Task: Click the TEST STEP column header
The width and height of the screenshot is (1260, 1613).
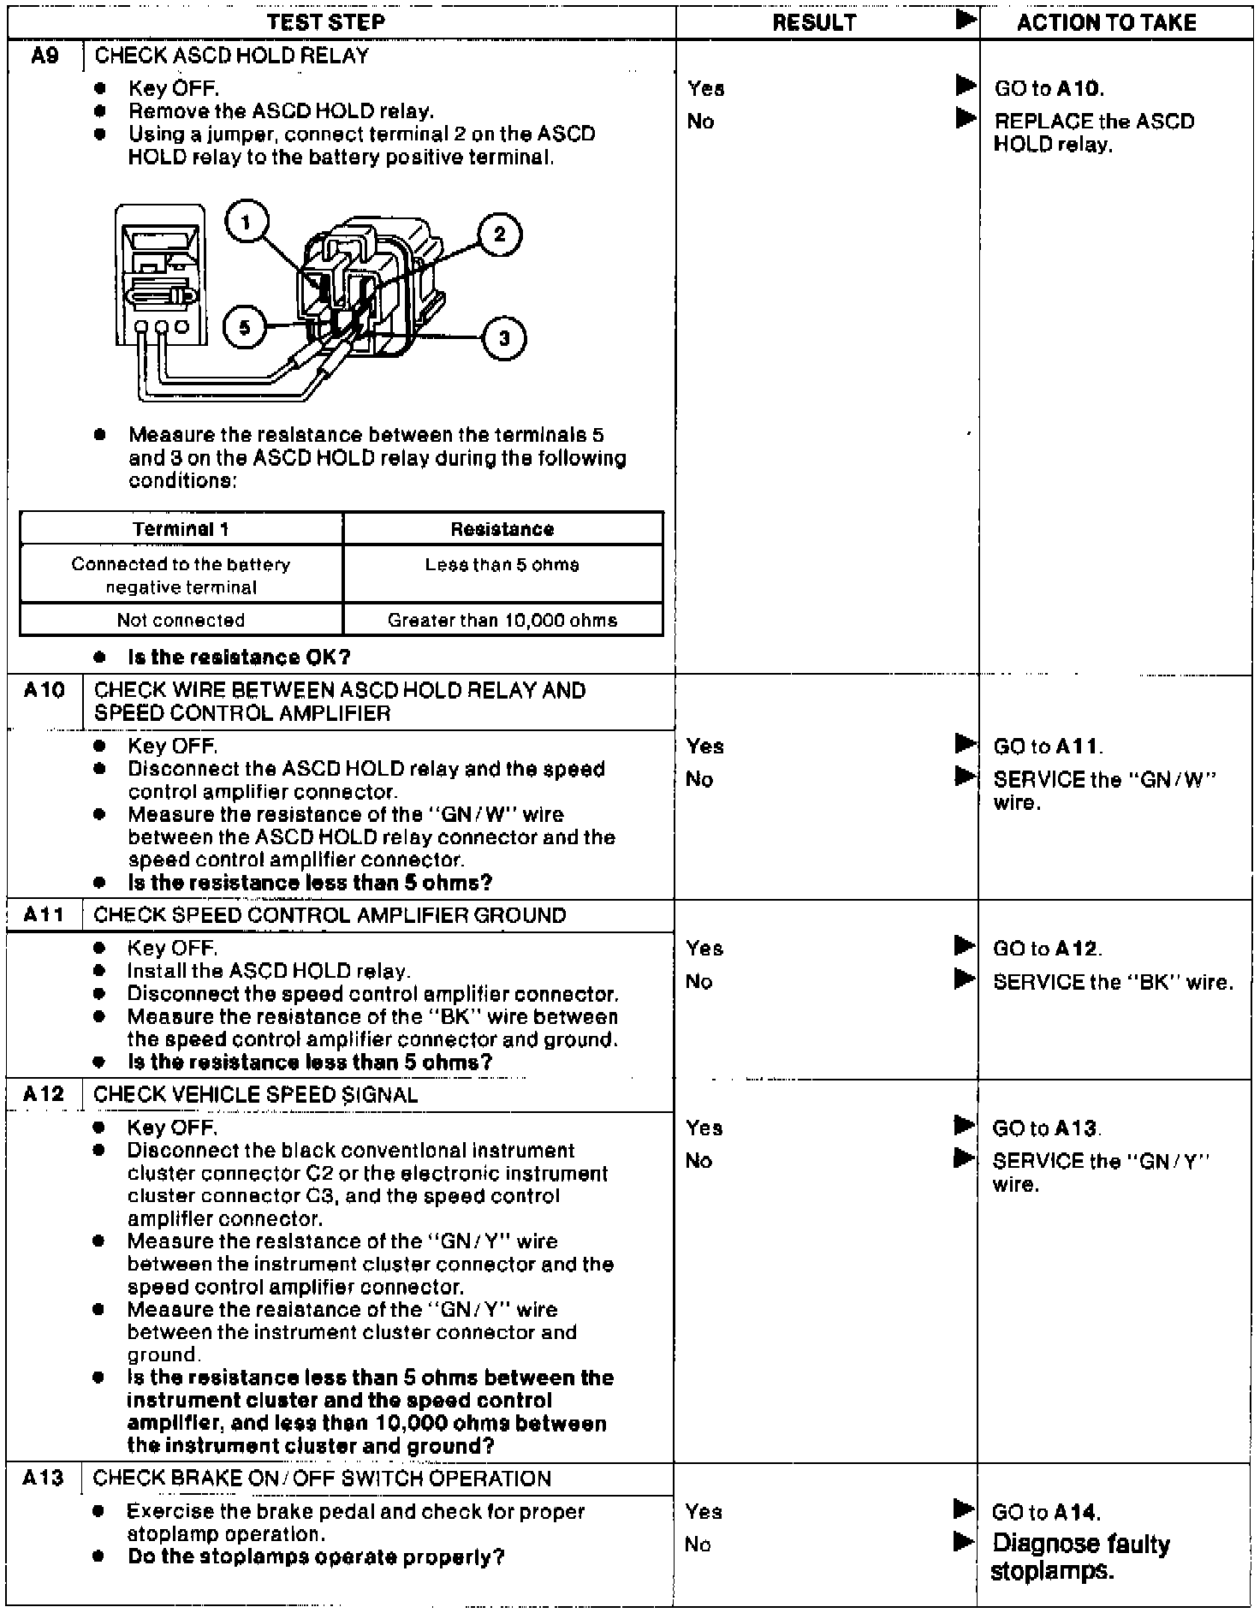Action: point(326,22)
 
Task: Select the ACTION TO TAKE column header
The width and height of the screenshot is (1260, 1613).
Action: point(1106,22)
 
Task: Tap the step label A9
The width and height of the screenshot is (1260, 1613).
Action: point(45,57)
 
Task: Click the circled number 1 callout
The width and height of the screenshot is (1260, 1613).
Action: point(247,223)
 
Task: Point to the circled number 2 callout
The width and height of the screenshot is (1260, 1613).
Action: point(499,234)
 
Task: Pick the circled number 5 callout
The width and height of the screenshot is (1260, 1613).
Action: point(245,328)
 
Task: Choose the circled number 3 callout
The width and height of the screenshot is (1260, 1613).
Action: point(504,338)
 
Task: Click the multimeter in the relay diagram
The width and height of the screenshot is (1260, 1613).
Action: point(160,274)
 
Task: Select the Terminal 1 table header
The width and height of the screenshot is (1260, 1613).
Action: point(181,529)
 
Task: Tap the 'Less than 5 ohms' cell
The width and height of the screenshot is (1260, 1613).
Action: point(502,565)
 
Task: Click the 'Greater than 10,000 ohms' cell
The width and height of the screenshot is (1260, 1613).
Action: point(502,620)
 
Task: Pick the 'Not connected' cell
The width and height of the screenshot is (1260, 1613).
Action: point(181,620)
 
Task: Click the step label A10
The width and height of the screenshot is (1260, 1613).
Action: point(44,691)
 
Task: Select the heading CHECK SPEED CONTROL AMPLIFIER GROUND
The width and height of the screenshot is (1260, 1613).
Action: point(330,915)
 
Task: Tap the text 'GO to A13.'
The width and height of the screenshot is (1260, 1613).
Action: point(1047,1128)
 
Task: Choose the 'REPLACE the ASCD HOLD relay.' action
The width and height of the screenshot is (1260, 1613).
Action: point(1093,133)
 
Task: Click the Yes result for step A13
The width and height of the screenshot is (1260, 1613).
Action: point(704,1512)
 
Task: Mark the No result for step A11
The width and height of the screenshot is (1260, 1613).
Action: point(698,982)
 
